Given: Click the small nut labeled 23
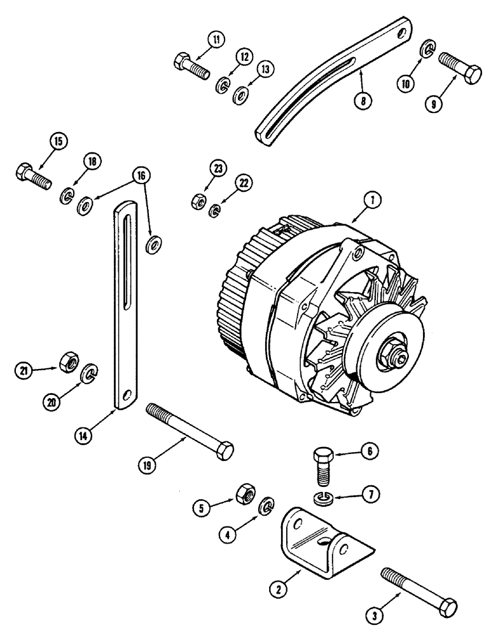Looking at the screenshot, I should point(197,202).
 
